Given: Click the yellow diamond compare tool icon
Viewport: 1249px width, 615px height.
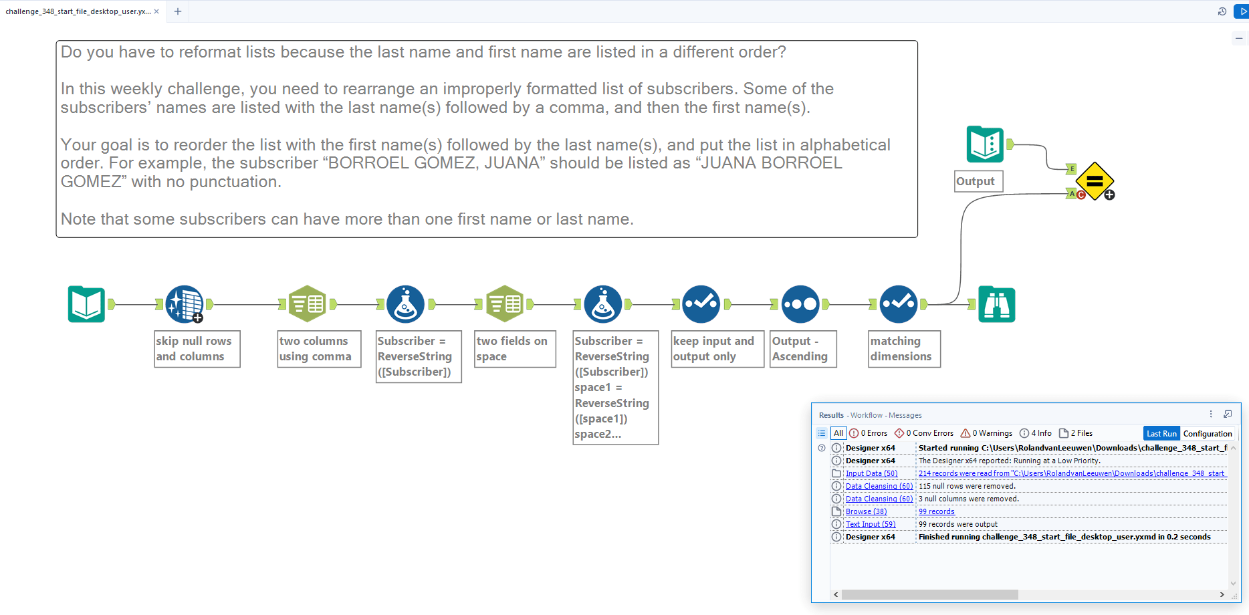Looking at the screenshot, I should tap(1095, 181).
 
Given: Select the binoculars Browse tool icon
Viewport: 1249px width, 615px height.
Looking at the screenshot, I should tap(996, 305).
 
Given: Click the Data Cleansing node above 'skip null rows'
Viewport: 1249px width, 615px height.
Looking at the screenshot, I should tap(184, 305).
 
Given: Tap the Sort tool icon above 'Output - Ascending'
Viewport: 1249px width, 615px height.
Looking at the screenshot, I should tap(800, 305).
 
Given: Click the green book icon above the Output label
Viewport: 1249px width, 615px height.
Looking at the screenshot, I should tap(985, 144).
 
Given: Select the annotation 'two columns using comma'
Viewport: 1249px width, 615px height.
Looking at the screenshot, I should tap(319, 349).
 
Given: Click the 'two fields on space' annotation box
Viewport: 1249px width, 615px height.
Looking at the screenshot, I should tap(515, 349).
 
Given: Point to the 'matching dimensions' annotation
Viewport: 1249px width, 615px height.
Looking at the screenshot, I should tap(904, 349).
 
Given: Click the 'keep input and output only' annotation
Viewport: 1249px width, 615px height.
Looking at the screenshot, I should tap(717, 349).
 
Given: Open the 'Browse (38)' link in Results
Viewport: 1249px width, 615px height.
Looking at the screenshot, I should tap(866, 511).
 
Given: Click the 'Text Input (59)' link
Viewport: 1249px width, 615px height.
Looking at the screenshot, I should tap(870, 524).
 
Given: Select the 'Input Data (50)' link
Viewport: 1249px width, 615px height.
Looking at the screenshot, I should tap(871, 473).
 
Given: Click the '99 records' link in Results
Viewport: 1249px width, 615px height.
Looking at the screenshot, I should tap(936, 511).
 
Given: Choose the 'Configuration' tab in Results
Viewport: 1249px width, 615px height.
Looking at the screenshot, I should tap(1207, 433).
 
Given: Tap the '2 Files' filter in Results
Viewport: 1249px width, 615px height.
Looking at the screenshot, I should tap(1076, 433).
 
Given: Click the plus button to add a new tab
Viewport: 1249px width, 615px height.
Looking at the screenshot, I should tap(178, 11).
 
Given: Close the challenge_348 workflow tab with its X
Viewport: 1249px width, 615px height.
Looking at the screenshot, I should tap(156, 11).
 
